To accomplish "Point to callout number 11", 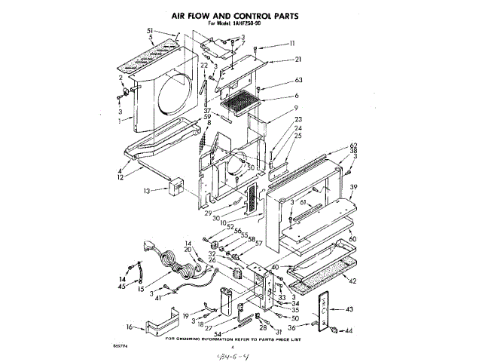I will coord(292,43).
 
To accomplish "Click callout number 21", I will coord(298,60).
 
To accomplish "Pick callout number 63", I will coord(298,80).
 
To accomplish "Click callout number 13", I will coord(148,191).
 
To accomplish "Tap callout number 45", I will coord(122,286).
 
